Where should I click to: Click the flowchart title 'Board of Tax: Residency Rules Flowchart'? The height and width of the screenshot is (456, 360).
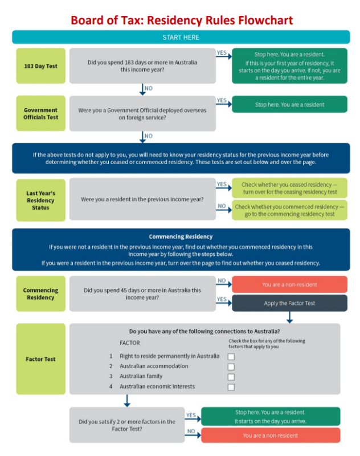tap(181, 21)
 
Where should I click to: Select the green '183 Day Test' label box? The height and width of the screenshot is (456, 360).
tap(40, 66)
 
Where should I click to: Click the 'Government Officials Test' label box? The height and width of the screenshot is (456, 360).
tap(40, 113)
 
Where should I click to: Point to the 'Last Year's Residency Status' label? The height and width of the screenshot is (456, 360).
tap(40, 200)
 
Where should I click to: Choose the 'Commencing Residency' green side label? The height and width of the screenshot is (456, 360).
tap(40, 294)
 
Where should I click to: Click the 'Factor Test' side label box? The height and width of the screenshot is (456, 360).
tap(40, 359)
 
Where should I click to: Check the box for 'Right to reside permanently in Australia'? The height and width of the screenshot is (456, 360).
tap(231, 357)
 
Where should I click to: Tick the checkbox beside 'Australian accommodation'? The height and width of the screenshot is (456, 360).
tap(231, 367)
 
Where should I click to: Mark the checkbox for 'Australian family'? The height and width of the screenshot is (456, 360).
tap(231, 377)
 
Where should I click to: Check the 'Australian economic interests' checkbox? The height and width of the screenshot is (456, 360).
tap(231, 387)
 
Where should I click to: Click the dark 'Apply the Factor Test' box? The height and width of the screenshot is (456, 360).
tap(289, 303)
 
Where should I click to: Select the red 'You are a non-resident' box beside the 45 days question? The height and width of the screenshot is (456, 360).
tap(289, 284)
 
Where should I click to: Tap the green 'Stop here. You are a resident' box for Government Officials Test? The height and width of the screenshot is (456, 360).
tap(289, 104)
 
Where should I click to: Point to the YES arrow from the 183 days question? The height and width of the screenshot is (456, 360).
tap(223, 55)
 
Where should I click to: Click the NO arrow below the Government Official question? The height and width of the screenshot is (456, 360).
tap(142, 137)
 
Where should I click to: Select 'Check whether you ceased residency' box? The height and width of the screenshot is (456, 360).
tap(289, 188)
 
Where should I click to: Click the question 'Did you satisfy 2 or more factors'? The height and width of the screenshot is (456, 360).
tap(127, 425)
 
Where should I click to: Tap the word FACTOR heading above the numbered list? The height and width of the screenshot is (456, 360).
tap(129, 343)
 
